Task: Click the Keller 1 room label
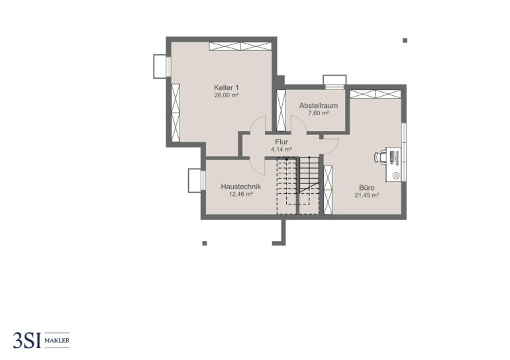coord(227,88)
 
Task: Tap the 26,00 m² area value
coord(227,95)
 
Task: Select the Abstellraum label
coord(319,106)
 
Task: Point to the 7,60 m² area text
coord(319,113)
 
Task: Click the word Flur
coord(281,142)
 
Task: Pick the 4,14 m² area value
coord(281,150)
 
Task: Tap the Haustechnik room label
coord(240,187)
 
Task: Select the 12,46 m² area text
coord(241,195)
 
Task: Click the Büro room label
coord(366,188)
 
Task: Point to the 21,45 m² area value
coord(366,195)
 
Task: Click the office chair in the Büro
coord(380,157)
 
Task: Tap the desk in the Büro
coord(393,164)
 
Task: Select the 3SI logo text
coord(27,341)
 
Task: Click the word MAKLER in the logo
coord(57,341)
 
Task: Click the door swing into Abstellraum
coord(299,124)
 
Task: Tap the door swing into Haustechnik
coord(258,167)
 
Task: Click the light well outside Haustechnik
coord(194,181)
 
